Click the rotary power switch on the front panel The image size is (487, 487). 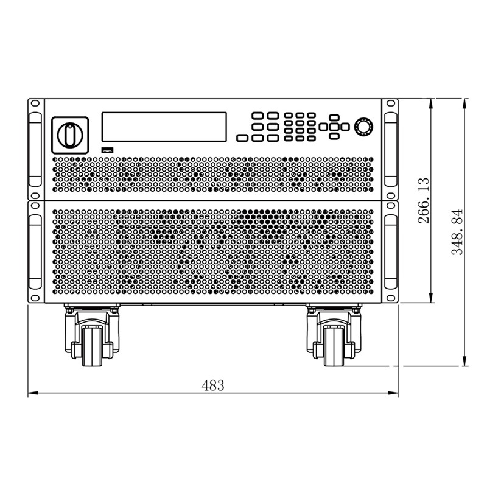click(x=70, y=135)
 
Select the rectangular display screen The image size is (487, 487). click(x=164, y=127)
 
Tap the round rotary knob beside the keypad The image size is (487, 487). click(x=363, y=127)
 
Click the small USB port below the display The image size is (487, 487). click(x=108, y=150)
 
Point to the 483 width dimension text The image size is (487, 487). click(x=212, y=386)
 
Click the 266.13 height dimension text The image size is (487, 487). click(x=424, y=200)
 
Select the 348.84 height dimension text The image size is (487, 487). click(x=457, y=232)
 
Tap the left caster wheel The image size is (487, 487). click(x=92, y=346)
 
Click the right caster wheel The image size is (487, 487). click(x=334, y=346)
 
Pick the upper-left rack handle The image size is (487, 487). click(x=35, y=150)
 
